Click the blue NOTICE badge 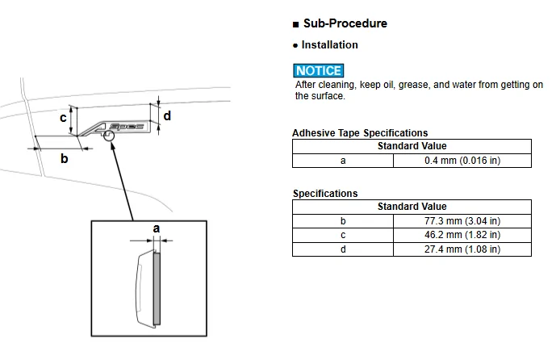[x=319, y=70]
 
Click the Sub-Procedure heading [x=345, y=23]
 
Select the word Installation [x=329, y=45]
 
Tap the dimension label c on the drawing [x=63, y=117]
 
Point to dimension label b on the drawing [x=64, y=158]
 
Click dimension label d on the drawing [x=167, y=115]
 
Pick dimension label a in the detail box [x=156, y=228]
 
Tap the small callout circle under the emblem [x=109, y=136]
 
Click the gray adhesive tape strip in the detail [x=157, y=288]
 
